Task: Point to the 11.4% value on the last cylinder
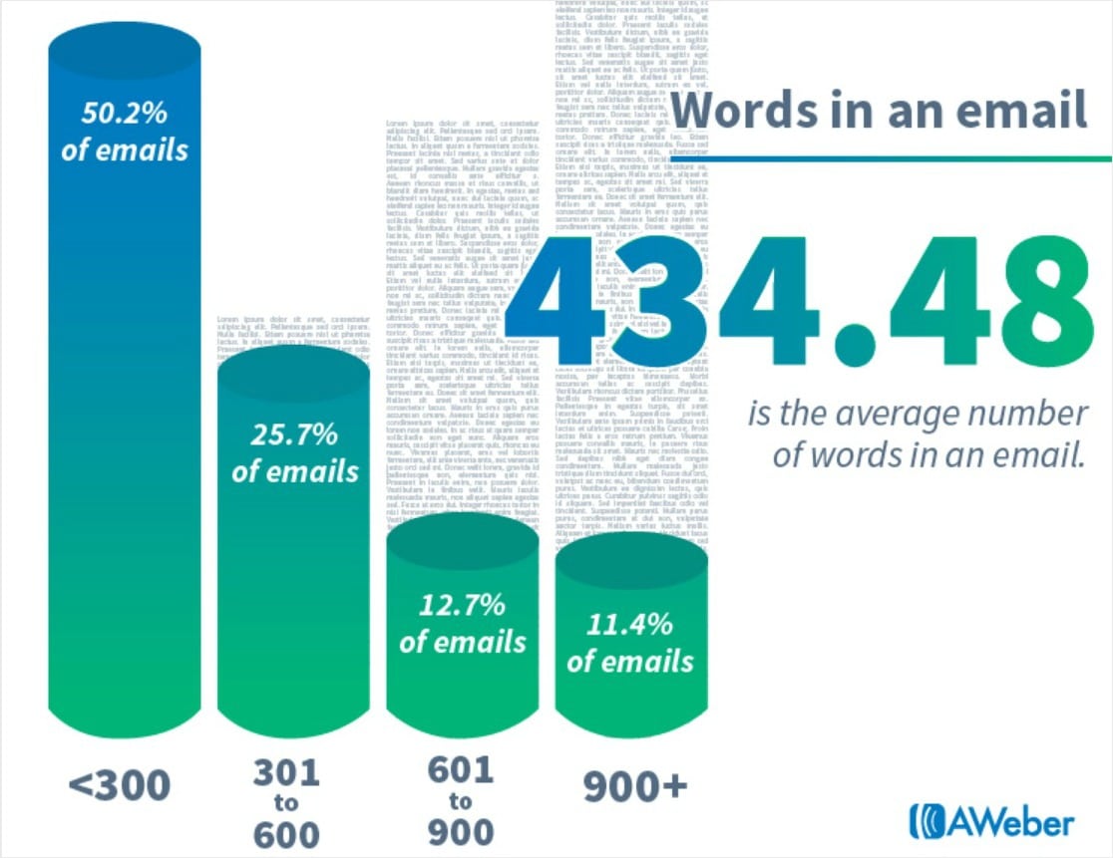click(630, 625)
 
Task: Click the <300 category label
click(120, 786)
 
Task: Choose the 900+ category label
click(635, 786)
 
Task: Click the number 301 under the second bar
click(286, 772)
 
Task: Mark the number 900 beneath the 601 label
click(460, 830)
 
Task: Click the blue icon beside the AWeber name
click(925, 821)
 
